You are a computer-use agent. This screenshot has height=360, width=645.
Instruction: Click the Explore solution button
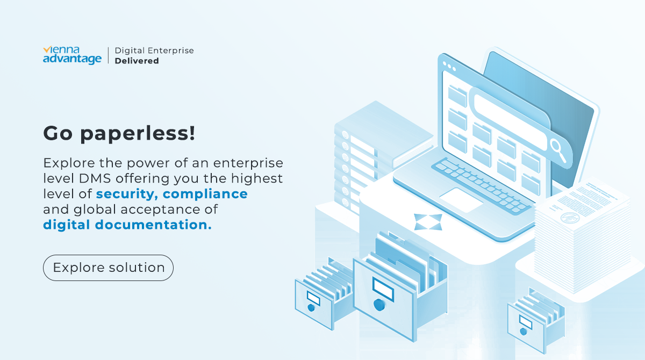point(108,268)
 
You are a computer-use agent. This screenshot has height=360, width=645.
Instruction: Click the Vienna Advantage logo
point(72,55)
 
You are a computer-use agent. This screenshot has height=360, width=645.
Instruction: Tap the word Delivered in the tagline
point(137,61)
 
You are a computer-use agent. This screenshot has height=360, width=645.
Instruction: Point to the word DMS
point(95,178)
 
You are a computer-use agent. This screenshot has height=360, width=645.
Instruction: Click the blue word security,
point(127,194)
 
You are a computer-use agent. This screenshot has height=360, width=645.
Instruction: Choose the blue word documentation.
point(153,225)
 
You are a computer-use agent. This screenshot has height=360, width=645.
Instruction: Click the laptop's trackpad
point(461,200)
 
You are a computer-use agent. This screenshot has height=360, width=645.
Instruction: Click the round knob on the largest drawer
point(379,305)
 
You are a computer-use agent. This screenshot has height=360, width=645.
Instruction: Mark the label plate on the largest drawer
point(383,289)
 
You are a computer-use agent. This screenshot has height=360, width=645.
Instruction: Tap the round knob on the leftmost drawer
point(311,308)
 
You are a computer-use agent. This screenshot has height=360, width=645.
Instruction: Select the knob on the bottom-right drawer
point(523,332)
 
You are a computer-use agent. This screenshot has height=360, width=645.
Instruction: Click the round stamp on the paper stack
point(570,218)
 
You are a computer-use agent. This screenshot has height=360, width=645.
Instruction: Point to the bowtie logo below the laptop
point(428,222)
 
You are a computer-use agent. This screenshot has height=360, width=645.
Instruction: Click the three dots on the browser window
point(449,66)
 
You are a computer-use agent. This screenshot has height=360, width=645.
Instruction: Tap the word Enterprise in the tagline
point(170,51)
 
